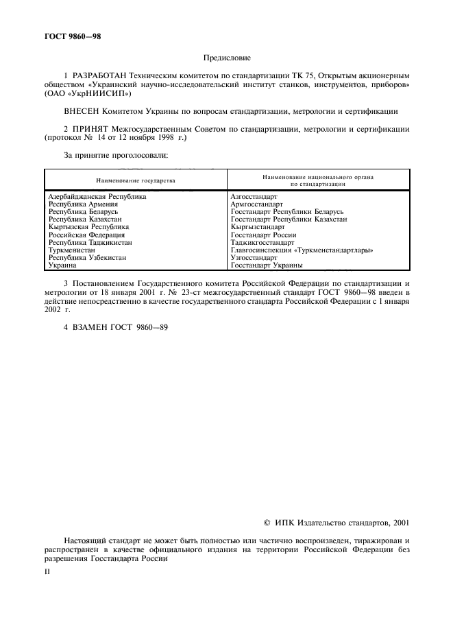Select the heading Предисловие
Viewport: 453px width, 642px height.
pos(227,59)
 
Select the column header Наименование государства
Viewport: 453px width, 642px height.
pos(136,180)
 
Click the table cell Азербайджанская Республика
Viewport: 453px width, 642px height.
pos(97,196)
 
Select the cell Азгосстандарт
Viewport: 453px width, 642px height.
pos(254,196)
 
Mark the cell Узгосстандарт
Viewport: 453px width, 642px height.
pos(254,258)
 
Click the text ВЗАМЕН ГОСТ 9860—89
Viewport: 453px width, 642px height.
pos(115,327)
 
